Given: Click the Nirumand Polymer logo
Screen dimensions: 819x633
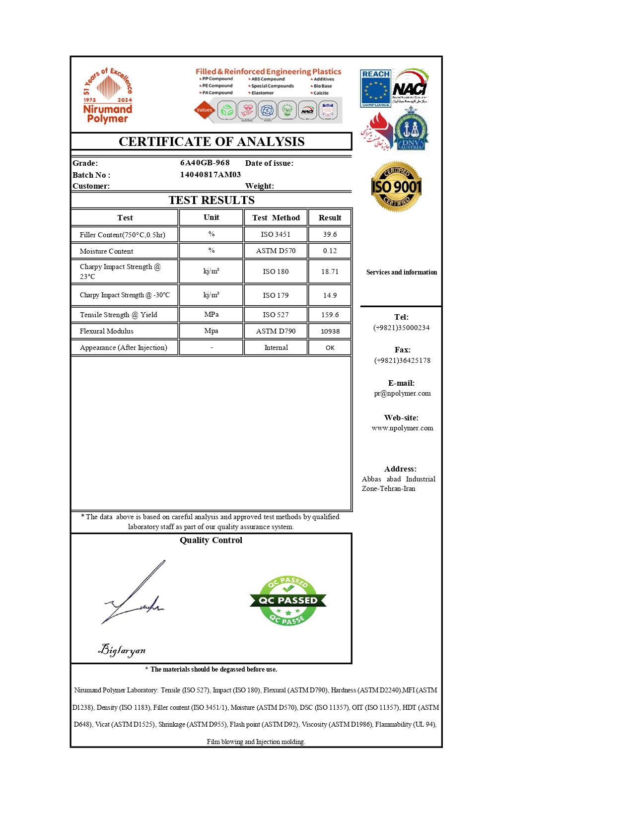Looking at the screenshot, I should (107, 95).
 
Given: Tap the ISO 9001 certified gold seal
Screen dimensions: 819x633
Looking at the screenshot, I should (396, 187).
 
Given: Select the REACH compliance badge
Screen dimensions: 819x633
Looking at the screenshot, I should (375, 88).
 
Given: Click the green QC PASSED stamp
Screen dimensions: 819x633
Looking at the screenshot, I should (288, 601).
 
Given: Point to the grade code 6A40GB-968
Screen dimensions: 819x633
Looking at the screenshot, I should (205, 163).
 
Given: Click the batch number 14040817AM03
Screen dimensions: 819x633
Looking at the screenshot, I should (211, 175).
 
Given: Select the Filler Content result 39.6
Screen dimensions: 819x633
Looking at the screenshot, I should (330, 234).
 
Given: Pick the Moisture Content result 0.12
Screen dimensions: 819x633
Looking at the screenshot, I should (330, 251).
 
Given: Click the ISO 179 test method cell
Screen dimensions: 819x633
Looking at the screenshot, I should (276, 295).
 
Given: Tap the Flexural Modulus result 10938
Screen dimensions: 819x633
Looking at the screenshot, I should (330, 331).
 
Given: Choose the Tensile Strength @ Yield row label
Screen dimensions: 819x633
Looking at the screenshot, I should (118, 315).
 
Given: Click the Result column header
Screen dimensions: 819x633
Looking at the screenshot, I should (330, 217).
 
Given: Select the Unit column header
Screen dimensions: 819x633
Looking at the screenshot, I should (211, 217).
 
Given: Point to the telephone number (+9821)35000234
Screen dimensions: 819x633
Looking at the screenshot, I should (401, 328).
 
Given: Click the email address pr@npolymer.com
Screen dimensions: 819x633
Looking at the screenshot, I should (402, 393).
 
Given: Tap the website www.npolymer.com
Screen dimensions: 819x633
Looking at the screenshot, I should (402, 428).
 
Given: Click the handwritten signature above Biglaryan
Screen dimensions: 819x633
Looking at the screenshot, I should (133, 596).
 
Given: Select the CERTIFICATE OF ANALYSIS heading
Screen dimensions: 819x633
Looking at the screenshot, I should (211, 141).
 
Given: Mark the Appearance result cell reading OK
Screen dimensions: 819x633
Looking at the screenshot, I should (330, 347).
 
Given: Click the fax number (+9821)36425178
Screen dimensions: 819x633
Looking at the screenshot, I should (402, 360).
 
